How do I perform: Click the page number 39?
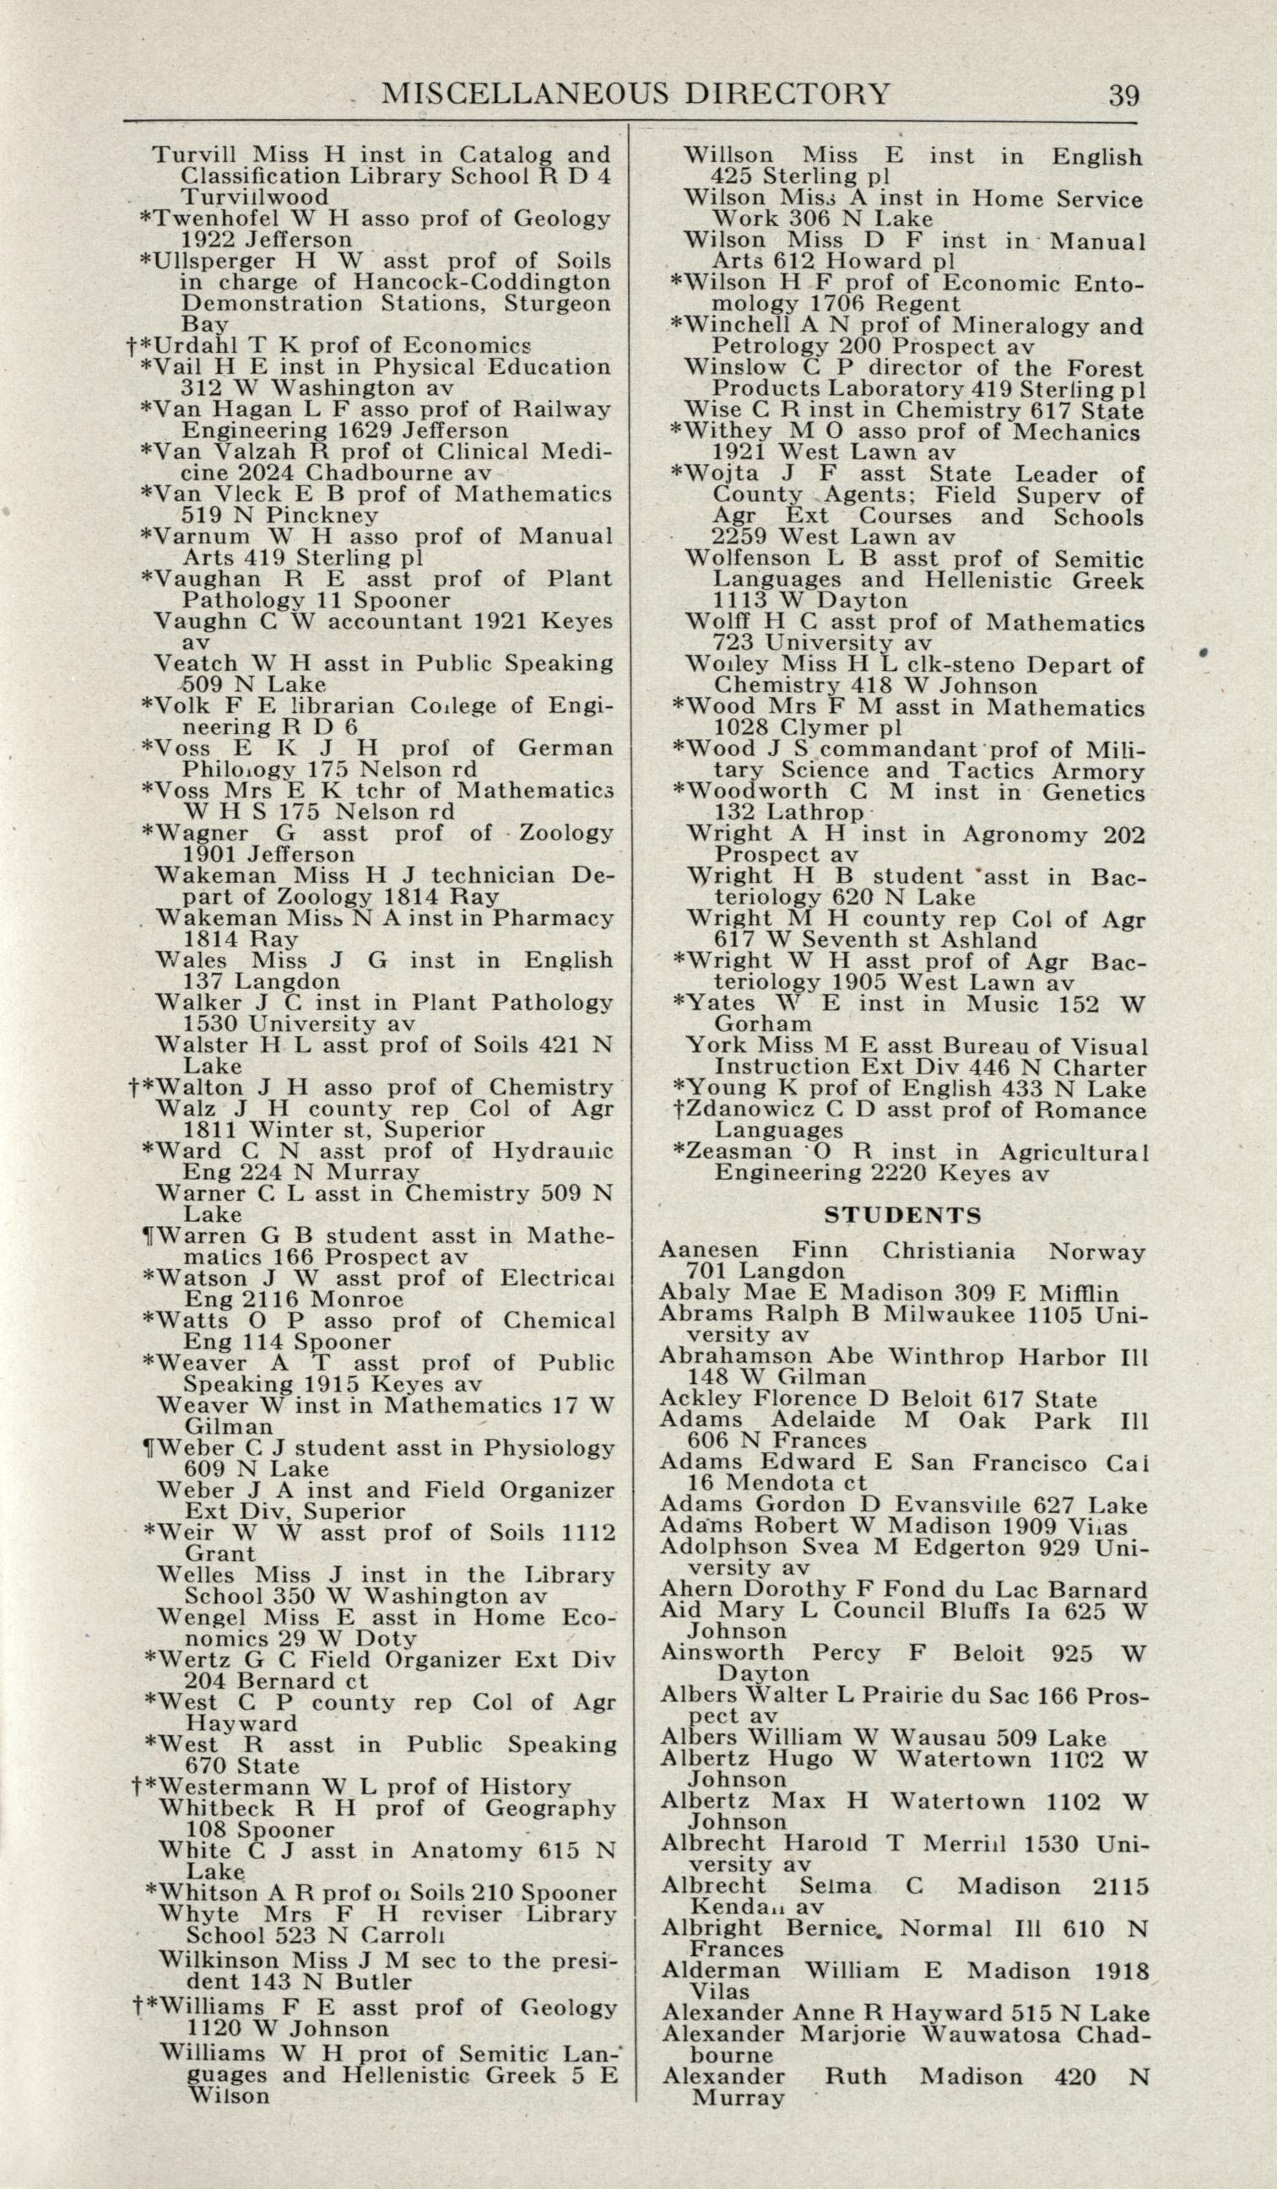1123,94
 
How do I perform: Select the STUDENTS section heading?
902,1214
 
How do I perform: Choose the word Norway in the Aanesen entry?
1097,1251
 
